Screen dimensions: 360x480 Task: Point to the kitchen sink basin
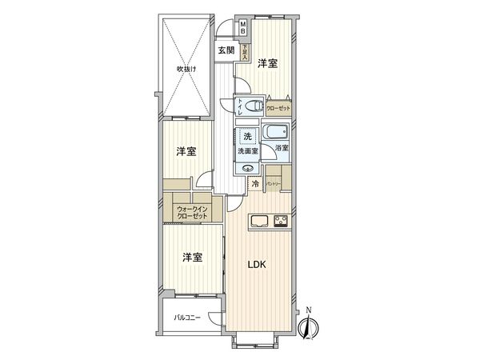tap(260, 222)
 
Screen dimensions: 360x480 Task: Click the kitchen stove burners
tap(281, 222)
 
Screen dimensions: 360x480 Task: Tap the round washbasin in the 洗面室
tap(247, 168)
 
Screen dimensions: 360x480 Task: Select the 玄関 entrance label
tap(226, 50)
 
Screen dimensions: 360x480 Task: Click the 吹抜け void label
tap(186, 69)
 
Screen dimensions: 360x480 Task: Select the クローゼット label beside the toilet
tap(278, 107)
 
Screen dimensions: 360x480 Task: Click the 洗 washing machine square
tap(247, 136)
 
